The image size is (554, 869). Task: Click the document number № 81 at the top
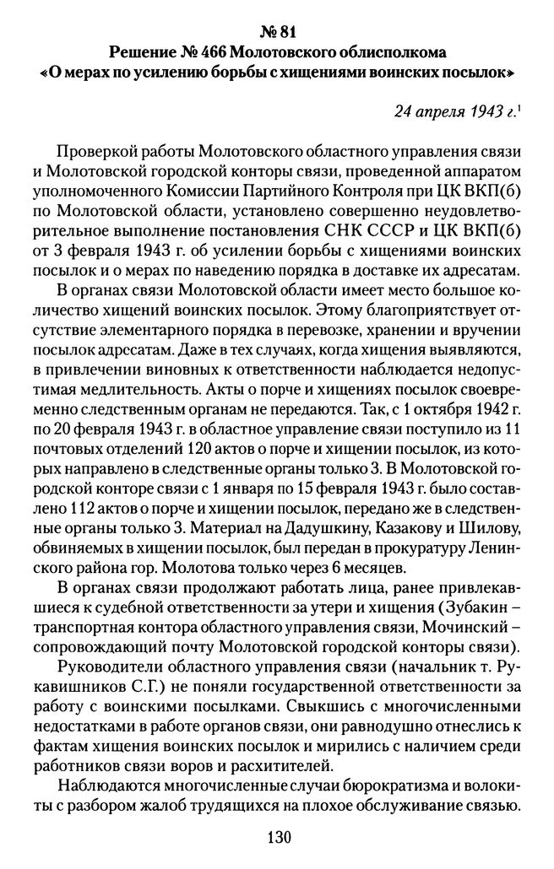pyautogui.click(x=277, y=16)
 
